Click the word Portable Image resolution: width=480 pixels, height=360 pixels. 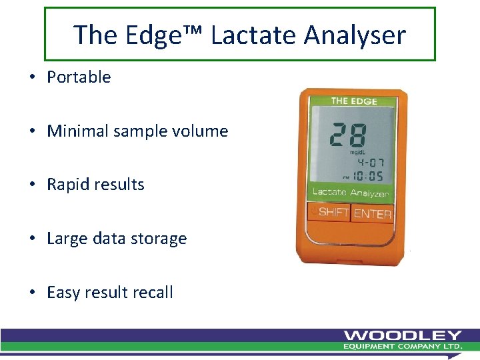pos(79,77)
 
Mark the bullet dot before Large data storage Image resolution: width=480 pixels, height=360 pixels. pos(33,239)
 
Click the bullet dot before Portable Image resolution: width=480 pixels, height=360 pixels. pos(33,77)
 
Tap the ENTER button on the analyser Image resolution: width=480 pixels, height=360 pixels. pos(373,213)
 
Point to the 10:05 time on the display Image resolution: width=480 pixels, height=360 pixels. pos(367,177)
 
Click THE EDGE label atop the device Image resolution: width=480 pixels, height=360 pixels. pos(354,101)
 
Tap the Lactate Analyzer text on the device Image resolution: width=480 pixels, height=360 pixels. pos(351,192)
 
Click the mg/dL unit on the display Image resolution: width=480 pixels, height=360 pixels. pos(359,152)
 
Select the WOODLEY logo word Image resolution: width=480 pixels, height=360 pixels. pos(403,335)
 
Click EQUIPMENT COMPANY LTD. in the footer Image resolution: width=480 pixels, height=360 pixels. pos(403,347)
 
